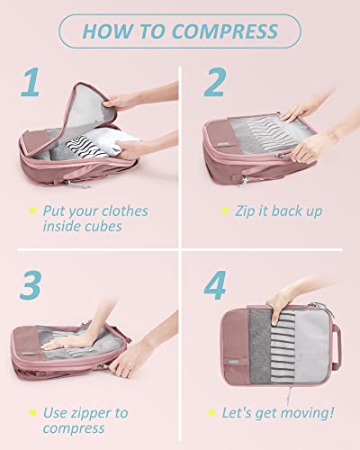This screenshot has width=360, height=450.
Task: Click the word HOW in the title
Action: [x=105, y=31]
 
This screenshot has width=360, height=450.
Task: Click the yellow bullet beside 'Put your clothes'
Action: [x=31, y=212]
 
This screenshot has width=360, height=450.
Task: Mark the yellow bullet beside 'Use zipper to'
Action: [x=31, y=414]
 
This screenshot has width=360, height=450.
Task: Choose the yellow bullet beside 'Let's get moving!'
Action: [x=213, y=414]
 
